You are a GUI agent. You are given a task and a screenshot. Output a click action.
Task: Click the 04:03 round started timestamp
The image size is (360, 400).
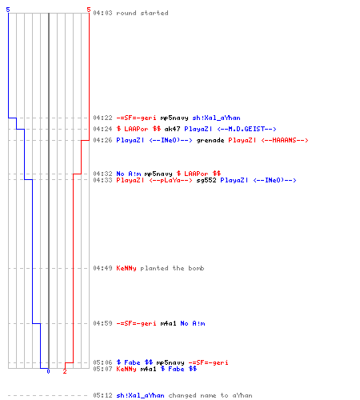(x=102, y=13)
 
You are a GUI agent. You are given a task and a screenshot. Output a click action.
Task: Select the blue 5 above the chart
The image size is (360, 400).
(x=8, y=10)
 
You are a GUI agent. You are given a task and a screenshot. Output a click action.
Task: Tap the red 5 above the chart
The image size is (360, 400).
(x=89, y=10)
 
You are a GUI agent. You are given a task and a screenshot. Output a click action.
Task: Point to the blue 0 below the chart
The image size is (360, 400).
(x=48, y=371)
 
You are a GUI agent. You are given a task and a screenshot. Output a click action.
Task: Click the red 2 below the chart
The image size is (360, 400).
(x=65, y=371)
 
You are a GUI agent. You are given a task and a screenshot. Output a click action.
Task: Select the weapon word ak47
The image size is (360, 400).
(x=172, y=129)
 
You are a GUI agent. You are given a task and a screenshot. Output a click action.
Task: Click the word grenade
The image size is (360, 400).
(x=210, y=140)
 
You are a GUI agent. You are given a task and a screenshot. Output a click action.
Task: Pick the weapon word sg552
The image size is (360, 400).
(x=206, y=180)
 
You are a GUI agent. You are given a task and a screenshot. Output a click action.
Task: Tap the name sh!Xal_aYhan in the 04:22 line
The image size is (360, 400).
(x=216, y=118)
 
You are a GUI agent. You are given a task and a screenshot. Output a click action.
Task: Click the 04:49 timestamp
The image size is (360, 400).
(x=102, y=268)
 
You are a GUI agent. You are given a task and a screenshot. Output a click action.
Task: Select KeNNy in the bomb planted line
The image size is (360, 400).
(x=126, y=268)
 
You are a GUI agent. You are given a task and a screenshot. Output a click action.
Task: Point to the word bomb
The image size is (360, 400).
(x=196, y=268)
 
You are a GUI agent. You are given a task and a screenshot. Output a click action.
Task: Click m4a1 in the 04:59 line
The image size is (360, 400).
(x=168, y=323)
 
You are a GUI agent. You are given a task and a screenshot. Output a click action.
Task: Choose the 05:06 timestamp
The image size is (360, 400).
(x=102, y=362)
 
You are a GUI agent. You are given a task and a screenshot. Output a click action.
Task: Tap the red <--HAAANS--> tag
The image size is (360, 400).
(x=285, y=140)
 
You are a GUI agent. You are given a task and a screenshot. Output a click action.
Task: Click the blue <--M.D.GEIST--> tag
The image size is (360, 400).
(x=246, y=129)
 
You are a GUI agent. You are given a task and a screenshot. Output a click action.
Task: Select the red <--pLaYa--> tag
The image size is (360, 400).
(x=170, y=180)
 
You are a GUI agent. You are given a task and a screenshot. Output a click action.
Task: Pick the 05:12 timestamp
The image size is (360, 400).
(x=102, y=395)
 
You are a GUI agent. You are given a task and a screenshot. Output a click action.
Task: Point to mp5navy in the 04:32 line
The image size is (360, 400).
(x=158, y=174)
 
